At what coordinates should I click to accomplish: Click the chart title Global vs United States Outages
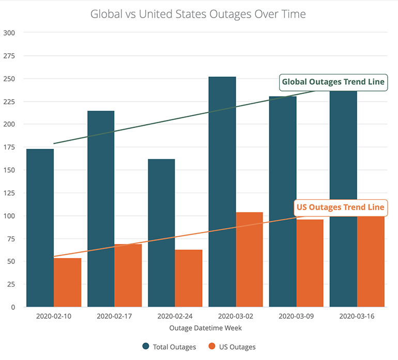[x=198, y=14]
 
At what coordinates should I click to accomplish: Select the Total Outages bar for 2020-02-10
[x=40, y=228]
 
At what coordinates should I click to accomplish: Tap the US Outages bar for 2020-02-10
[x=68, y=283]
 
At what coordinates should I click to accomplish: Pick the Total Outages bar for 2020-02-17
[x=101, y=209]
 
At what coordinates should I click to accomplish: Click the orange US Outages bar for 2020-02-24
[x=189, y=278]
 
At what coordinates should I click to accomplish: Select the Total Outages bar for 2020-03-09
[x=283, y=201]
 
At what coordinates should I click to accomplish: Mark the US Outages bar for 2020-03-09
[x=310, y=263]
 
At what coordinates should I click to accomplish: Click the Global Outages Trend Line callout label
[x=333, y=82]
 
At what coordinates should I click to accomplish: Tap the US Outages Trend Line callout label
[x=340, y=208]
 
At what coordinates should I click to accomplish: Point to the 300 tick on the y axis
[x=9, y=33]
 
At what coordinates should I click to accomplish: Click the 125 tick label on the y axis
[x=9, y=193]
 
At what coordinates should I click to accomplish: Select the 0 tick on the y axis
[x=13, y=307]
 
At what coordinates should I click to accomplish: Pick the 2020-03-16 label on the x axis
[x=357, y=316]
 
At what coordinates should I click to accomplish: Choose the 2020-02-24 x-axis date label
[x=175, y=316]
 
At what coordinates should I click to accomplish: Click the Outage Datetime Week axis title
[x=205, y=327]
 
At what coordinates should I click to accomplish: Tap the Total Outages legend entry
[x=169, y=347]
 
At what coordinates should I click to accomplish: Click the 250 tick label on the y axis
[x=9, y=79]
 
